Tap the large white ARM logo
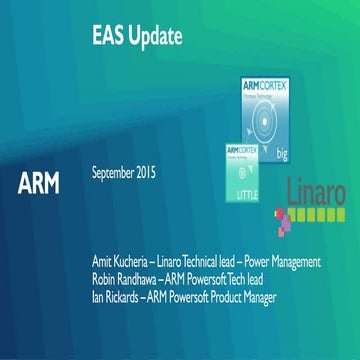pyautogui.click(x=38, y=183)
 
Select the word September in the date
pyautogui.click(x=118, y=172)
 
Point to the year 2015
pyautogui.click(x=152, y=172)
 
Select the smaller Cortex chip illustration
pyautogui.click(x=239, y=174)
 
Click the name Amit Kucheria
pyautogui.click(x=121, y=262)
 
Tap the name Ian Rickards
pyautogui.click(x=113, y=296)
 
